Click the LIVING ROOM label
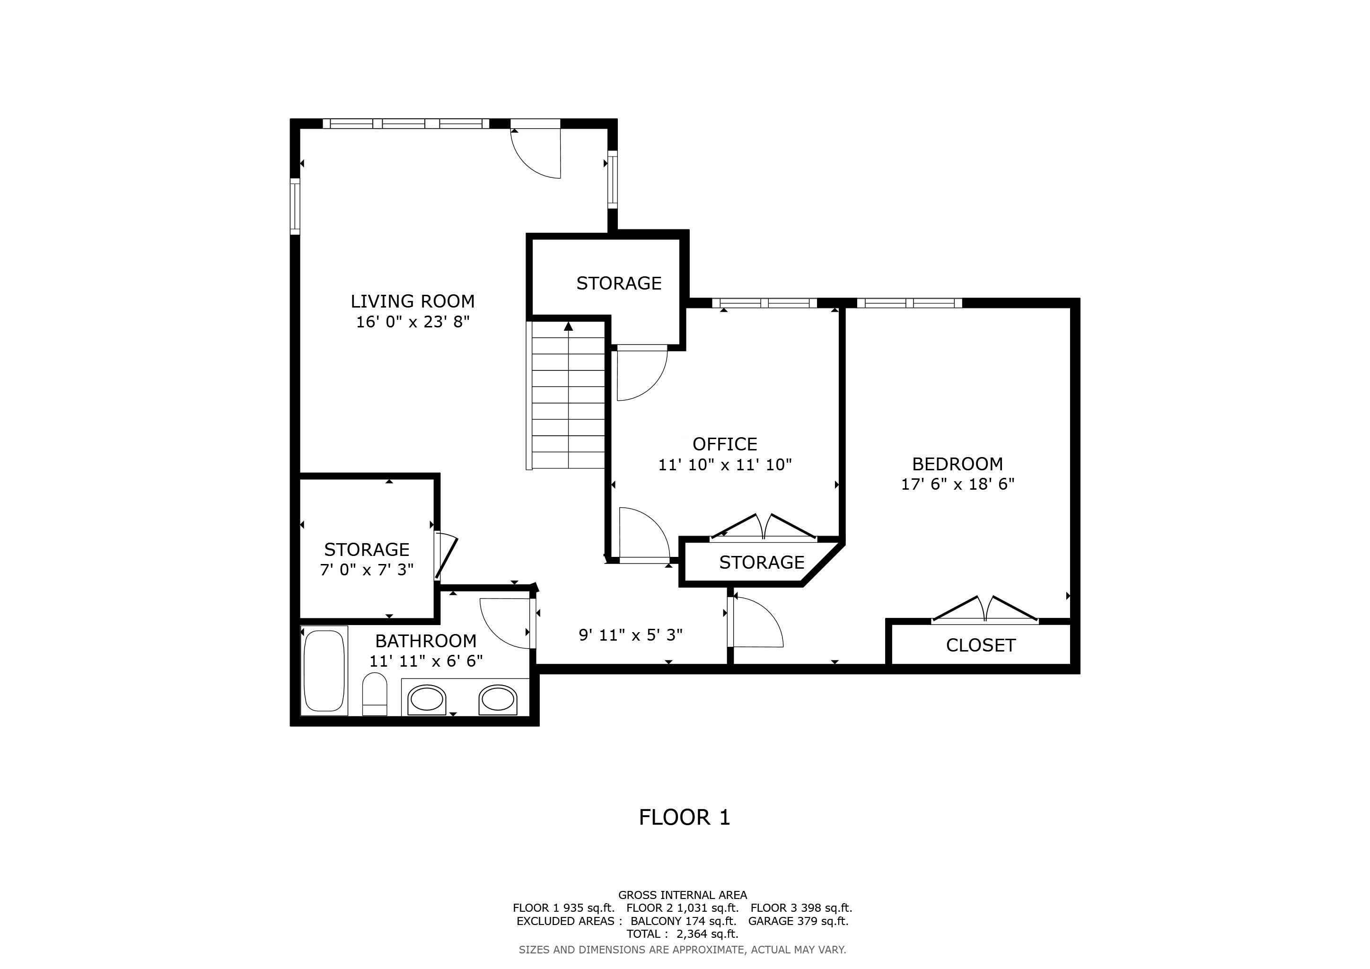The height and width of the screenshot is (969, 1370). [x=413, y=301]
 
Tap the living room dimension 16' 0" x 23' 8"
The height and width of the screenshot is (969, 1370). [x=413, y=322]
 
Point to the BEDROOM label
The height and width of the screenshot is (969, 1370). [x=957, y=464]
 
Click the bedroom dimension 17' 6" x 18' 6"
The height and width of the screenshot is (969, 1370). [x=957, y=484]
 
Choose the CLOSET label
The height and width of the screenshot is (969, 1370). [x=980, y=645]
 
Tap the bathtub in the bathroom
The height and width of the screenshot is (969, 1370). [x=324, y=670]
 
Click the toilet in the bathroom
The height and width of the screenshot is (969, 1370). [x=375, y=694]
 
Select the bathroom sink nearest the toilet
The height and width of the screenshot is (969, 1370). [x=427, y=700]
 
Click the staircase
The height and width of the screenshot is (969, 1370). [x=567, y=395]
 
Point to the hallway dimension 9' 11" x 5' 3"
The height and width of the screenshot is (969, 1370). [x=631, y=635]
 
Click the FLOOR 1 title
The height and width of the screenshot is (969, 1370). [x=685, y=818]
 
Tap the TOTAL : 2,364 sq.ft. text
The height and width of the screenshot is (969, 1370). [x=682, y=934]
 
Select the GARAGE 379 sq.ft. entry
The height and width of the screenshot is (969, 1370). [x=799, y=921]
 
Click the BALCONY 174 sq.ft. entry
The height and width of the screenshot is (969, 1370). [x=683, y=921]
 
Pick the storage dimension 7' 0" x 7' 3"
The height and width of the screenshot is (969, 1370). [x=366, y=570]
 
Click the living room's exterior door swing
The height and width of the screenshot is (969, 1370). [x=535, y=153]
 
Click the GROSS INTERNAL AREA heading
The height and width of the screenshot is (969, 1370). [x=683, y=895]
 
